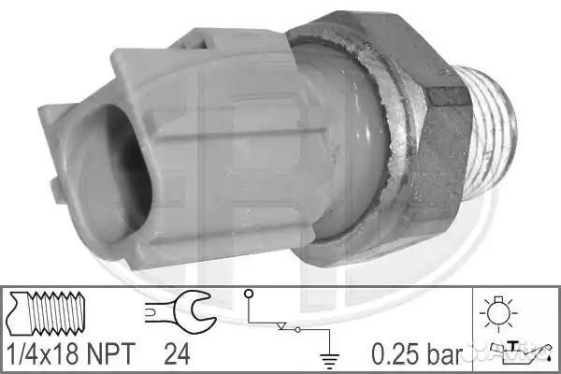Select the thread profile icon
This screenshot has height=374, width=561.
tap(46, 313)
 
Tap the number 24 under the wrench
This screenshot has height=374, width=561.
tap(177, 353)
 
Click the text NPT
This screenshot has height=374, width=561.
tap(111, 353)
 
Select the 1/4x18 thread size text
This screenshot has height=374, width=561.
tap(43, 353)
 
